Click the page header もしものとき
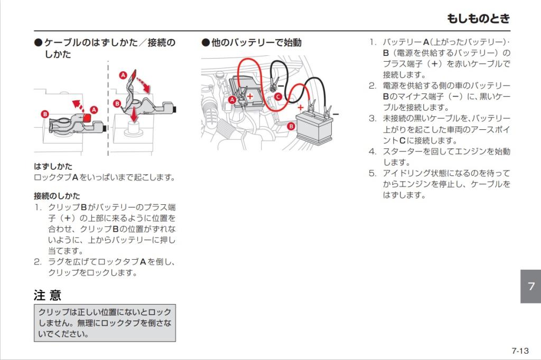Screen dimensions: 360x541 478,18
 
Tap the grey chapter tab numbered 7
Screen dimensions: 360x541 530,286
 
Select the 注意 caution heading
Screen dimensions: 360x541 48,295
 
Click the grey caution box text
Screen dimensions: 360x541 105,323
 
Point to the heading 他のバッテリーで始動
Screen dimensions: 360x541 251,43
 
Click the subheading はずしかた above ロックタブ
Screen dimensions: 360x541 53,166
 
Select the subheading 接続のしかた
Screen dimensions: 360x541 57,195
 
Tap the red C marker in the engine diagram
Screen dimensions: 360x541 278,97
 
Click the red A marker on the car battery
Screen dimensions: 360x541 232,100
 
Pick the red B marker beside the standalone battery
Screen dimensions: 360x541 291,126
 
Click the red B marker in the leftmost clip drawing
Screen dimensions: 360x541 45,114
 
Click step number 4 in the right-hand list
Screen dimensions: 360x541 372,151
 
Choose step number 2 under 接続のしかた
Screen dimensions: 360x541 38,262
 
